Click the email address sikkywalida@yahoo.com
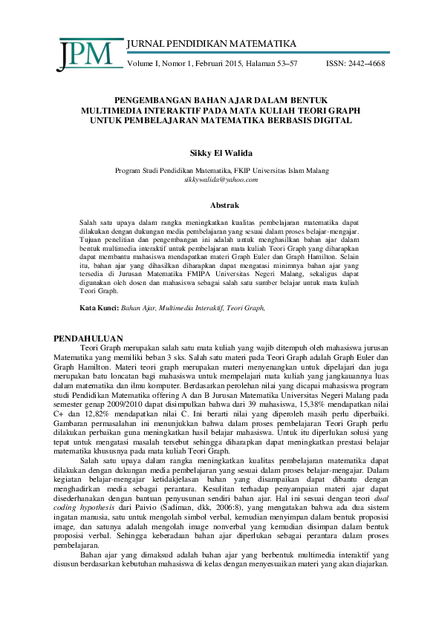(x=221, y=180)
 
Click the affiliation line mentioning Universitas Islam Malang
(x=221, y=170)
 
